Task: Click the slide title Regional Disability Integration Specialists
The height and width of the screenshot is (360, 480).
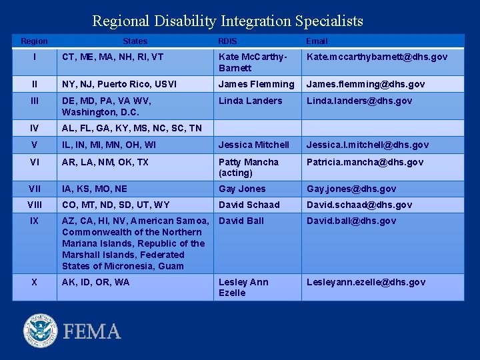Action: [x=227, y=21]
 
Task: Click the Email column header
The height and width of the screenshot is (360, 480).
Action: [x=317, y=41]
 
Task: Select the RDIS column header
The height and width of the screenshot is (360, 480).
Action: [x=227, y=41]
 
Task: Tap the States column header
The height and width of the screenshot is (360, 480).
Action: [x=135, y=41]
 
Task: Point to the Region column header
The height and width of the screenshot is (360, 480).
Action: [x=34, y=41]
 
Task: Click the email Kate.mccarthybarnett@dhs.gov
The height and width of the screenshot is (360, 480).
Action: [x=377, y=57]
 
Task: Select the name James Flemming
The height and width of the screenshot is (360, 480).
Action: [x=256, y=84]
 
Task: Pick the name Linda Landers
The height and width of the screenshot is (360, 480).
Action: [x=251, y=101]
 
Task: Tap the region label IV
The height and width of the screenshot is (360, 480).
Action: [x=34, y=128]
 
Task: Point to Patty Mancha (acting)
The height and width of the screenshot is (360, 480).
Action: [x=249, y=167]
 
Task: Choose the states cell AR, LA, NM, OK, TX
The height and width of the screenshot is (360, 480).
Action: [x=105, y=162]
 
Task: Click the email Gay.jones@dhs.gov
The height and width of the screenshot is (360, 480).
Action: [x=351, y=189]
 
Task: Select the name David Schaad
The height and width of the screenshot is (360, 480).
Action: [x=249, y=205]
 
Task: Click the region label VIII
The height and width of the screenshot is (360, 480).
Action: [x=34, y=205]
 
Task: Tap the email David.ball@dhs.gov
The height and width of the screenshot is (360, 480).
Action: [x=351, y=221]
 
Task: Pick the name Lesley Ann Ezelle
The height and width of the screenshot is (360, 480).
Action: [x=243, y=287]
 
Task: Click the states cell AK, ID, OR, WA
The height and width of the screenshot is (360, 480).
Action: [x=96, y=282]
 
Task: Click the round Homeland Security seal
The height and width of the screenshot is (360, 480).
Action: [x=41, y=331]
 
